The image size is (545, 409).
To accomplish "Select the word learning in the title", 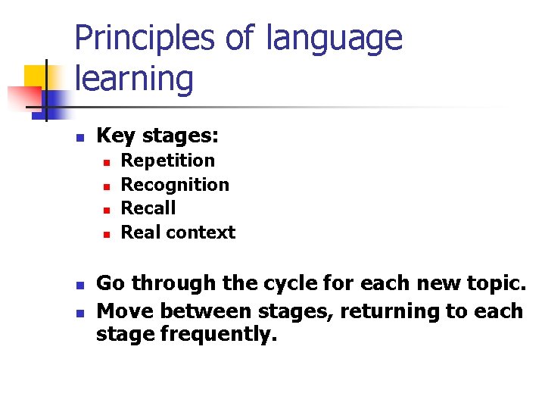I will [x=134, y=79].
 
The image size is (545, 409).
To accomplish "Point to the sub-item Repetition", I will [x=168, y=161].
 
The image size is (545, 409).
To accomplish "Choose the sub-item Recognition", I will [x=175, y=185].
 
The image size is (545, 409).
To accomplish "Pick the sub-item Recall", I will [x=148, y=208].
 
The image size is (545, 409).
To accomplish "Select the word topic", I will [x=494, y=284].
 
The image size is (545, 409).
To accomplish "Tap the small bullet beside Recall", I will [x=107, y=210].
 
